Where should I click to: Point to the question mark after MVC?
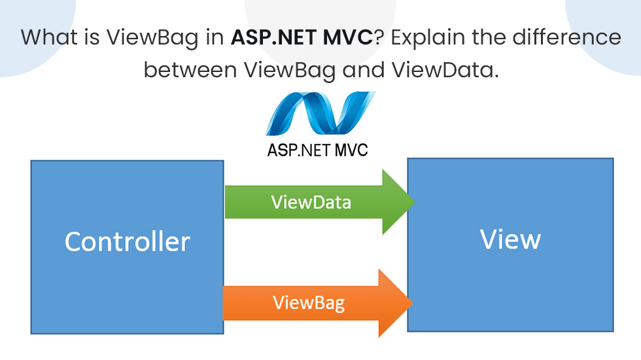[378, 37]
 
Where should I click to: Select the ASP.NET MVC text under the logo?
[317, 150]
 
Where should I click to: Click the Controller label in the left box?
[127, 242]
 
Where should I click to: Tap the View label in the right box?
[510, 240]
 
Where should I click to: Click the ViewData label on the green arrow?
[311, 202]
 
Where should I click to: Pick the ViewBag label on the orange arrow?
[308, 303]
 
